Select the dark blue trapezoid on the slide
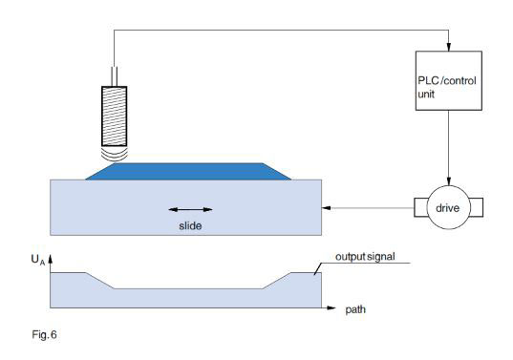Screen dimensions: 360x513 (x=187, y=170)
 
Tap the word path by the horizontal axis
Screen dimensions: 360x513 (x=355, y=310)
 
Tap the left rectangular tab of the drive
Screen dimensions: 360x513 (x=418, y=206)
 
